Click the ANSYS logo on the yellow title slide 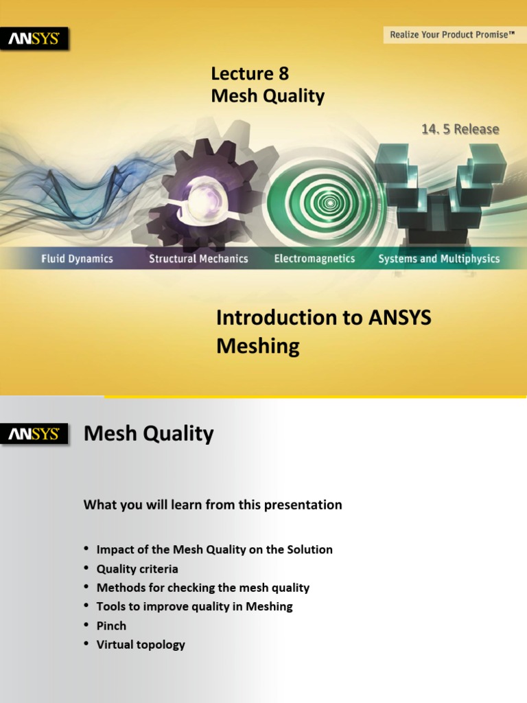pos(34,38)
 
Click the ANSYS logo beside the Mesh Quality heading pos(34,434)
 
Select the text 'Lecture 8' pos(250,73)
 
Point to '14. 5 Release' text pos(460,129)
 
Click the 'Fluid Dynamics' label pos(77,259)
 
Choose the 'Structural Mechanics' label pos(198,259)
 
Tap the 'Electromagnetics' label pos(314,259)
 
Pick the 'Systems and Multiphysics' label pos(439,259)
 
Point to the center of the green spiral pos(330,203)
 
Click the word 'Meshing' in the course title pos(258,347)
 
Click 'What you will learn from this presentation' pos(213,505)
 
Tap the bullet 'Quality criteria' pos(137,569)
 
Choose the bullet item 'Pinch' pos(111,626)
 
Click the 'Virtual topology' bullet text pos(141,645)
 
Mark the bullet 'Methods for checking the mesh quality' pos(203,588)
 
